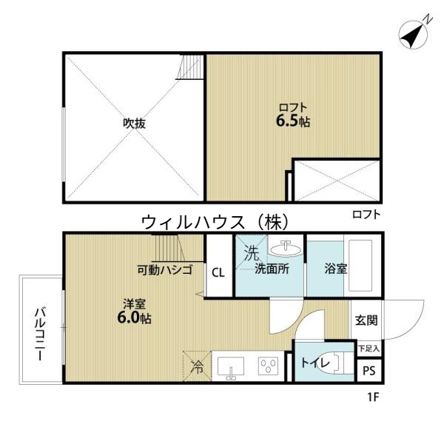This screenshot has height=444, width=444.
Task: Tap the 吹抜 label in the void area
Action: (x=134, y=124)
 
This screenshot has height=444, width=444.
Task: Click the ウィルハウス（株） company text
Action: (x=213, y=221)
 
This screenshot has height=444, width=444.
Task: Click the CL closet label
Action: (x=218, y=272)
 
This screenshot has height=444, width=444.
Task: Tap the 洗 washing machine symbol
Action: (x=251, y=252)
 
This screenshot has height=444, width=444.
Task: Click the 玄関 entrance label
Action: (x=366, y=320)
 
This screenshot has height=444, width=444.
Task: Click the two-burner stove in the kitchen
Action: (x=266, y=366)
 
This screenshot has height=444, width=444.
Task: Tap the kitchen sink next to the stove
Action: (x=231, y=366)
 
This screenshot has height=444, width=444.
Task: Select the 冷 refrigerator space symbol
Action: (x=197, y=365)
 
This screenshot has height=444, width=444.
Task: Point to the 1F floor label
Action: (x=372, y=398)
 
